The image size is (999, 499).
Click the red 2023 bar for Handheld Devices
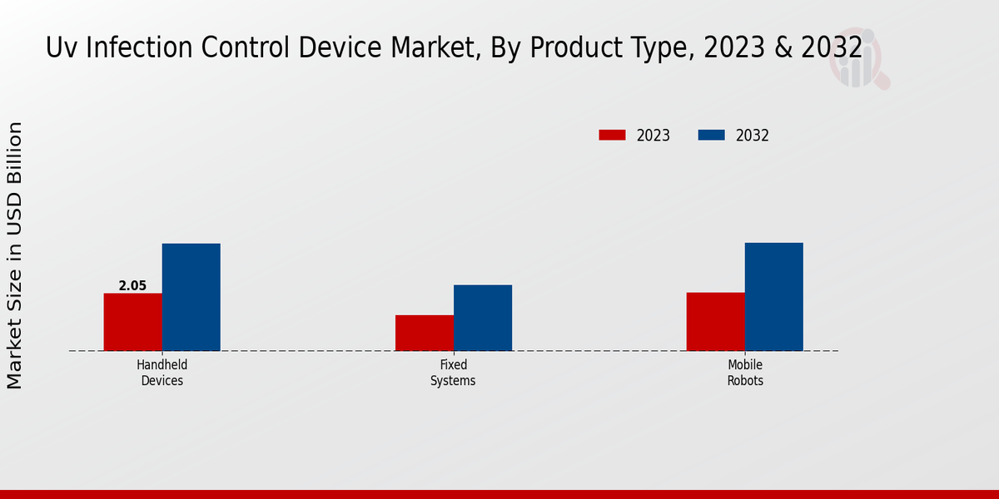click(x=133, y=322)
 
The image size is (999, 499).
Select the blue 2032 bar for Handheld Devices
click(x=191, y=297)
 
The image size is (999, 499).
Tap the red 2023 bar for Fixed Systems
click(x=425, y=333)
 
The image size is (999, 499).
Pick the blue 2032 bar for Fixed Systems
click(x=483, y=318)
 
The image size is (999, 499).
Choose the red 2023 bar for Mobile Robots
click(x=716, y=321)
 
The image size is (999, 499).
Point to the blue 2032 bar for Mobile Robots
click(x=774, y=296)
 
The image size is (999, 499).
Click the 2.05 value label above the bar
click(x=132, y=286)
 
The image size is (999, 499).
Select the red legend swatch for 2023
click(x=612, y=135)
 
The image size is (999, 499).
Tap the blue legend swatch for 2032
click(x=711, y=135)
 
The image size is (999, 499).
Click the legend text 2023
click(x=654, y=136)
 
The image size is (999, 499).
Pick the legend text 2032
click(x=753, y=136)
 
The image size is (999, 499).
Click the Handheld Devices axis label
click(x=162, y=373)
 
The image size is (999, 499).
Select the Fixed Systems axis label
click(x=453, y=373)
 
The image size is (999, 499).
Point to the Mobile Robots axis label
click(x=745, y=373)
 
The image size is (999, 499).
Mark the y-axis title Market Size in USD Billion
click(x=15, y=254)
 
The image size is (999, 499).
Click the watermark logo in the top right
click(x=858, y=58)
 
